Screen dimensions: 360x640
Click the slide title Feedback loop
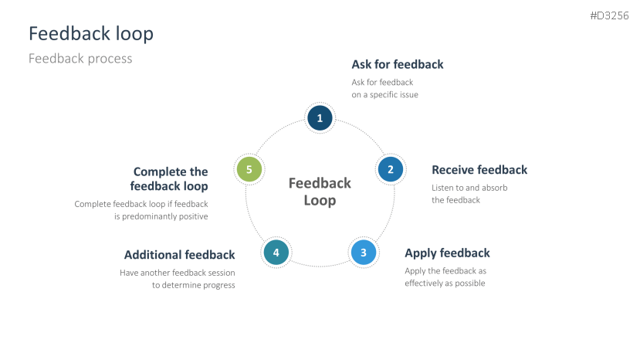click(x=90, y=34)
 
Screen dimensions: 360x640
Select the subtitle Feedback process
click(x=80, y=59)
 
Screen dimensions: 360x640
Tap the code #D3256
click(x=609, y=15)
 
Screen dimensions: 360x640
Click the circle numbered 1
click(x=320, y=117)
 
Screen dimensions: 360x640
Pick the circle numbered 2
click(x=390, y=169)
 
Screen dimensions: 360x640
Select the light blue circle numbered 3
click(x=363, y=252)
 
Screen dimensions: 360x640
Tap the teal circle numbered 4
click(x=276, y=252)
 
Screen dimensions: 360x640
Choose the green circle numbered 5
click(x=249, y=169)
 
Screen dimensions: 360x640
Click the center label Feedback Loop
click(x=320, y=192)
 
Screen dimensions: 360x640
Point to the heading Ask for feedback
click(x=398, y=64)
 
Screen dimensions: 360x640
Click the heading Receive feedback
click(x=479, y=170)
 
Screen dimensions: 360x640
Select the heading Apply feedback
click(x=447, y=253)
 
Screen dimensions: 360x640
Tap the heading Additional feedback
click(x=179, y=255)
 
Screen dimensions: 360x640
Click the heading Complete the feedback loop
click(x=170, y=179)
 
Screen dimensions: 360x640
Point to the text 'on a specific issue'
click(x=384, y=94)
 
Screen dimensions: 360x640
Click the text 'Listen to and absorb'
click(x=469, y=188)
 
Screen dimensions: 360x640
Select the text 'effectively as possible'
click(x=445, y=284)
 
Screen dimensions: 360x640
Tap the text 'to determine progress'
click(x=193, y=285)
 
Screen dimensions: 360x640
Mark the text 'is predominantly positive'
click(x=161, y=216)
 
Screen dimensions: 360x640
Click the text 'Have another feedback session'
click(x=177, y=273)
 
